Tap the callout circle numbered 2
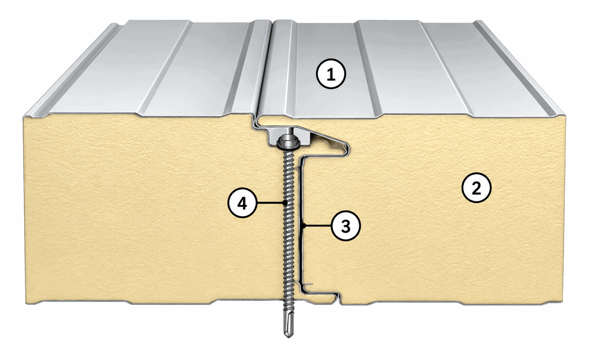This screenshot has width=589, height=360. tap(477, 188)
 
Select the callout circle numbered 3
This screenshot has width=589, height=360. tap(346, 225)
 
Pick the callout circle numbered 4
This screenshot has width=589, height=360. tap(242, 203)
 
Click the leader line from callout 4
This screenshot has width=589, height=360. tap(271, 203)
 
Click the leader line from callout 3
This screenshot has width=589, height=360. tap(318, 225)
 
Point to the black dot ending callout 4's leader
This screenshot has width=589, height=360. tap(285, 203)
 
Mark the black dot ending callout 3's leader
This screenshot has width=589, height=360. tap(303, 225)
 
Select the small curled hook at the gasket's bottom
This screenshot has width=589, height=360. tap(309, 284)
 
